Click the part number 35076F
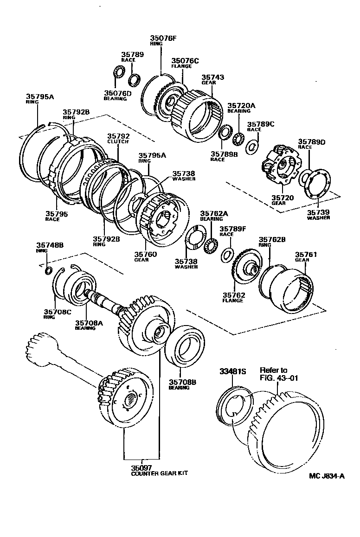[x=163, y=38]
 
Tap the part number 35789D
[x=311, y=141]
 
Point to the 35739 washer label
[x=318, y=215]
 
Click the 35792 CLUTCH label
[x=118, y=139]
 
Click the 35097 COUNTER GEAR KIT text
[x=159, y=470]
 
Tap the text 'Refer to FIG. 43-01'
[x=277, y=374]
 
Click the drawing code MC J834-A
[x=327, y=475]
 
